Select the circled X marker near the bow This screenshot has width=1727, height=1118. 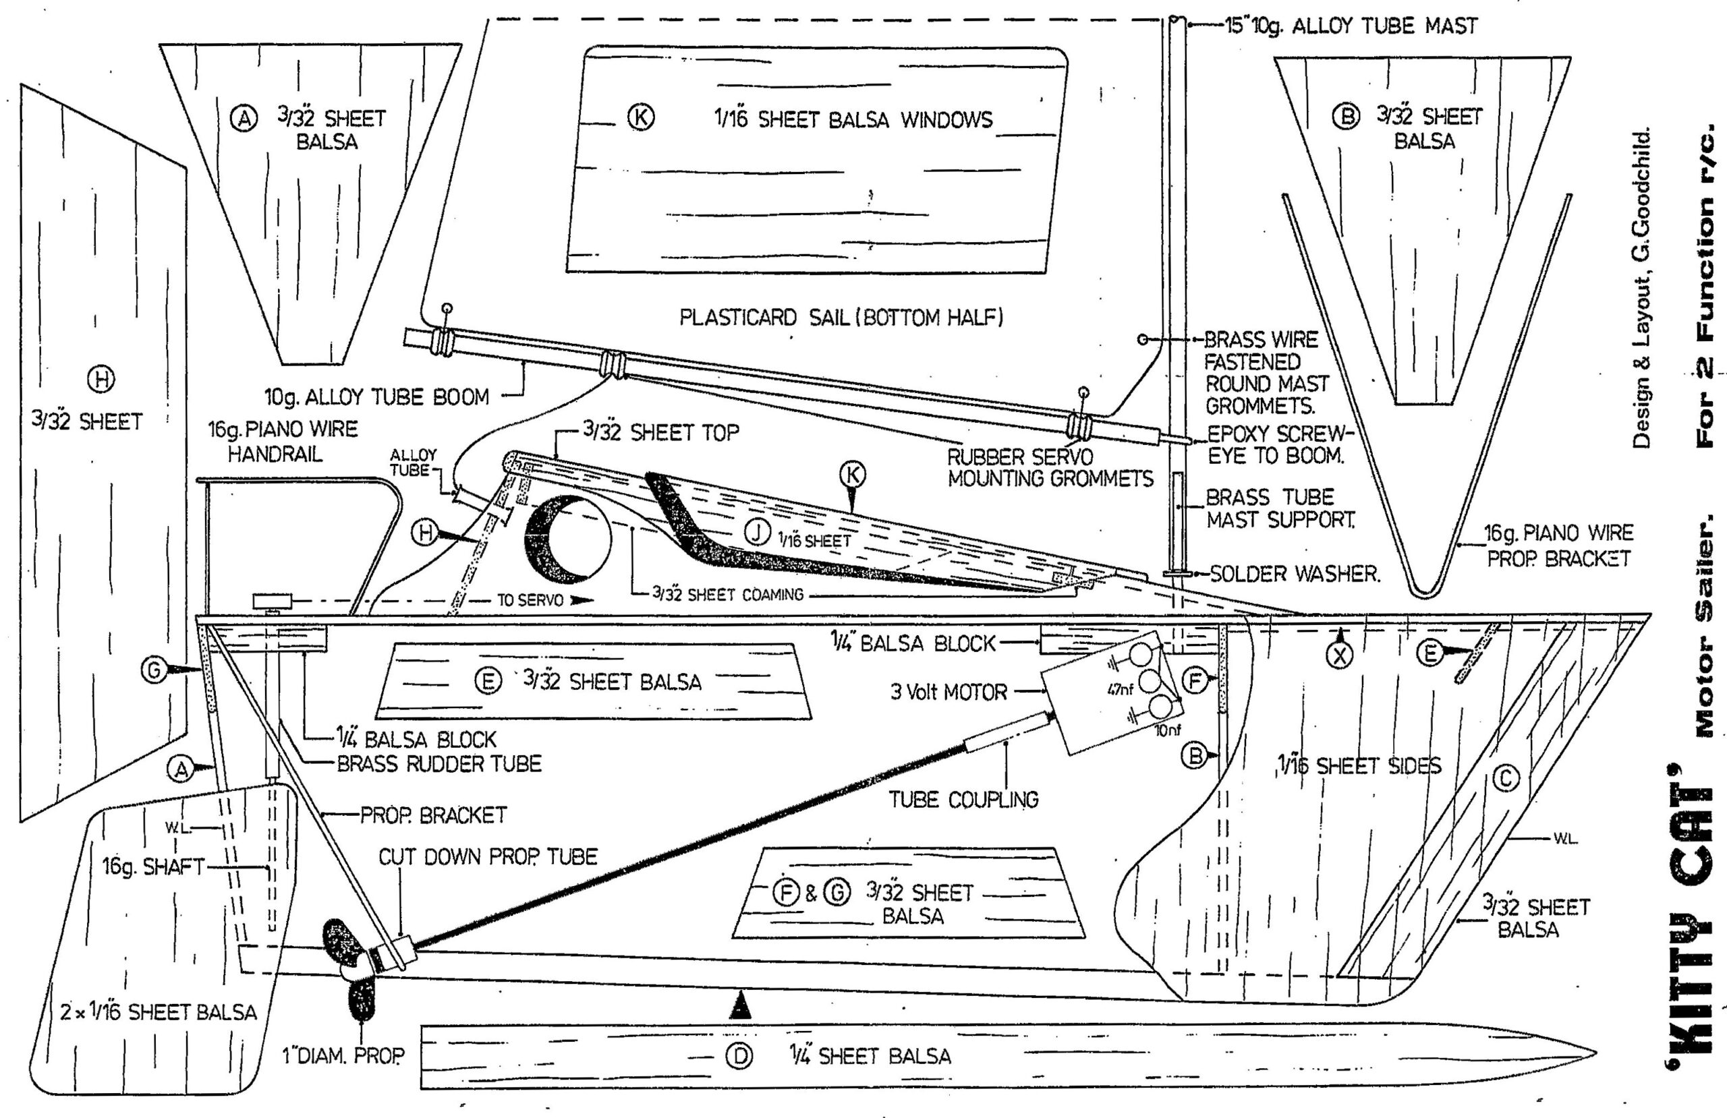(1340, 655)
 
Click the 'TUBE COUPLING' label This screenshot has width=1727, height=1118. (963, 800)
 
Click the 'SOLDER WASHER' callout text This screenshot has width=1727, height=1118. (1294, 574)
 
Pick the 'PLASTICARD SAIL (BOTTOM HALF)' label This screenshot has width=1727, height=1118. (841, 318)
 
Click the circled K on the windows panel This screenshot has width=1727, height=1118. (642, 117)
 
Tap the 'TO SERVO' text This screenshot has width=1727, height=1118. (530, 601)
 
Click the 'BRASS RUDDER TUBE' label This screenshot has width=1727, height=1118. (439, 764)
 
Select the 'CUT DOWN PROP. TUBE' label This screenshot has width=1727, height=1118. (488, 857)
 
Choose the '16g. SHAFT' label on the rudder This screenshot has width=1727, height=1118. (154, 866)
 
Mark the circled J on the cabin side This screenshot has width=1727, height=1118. (758, 533)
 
